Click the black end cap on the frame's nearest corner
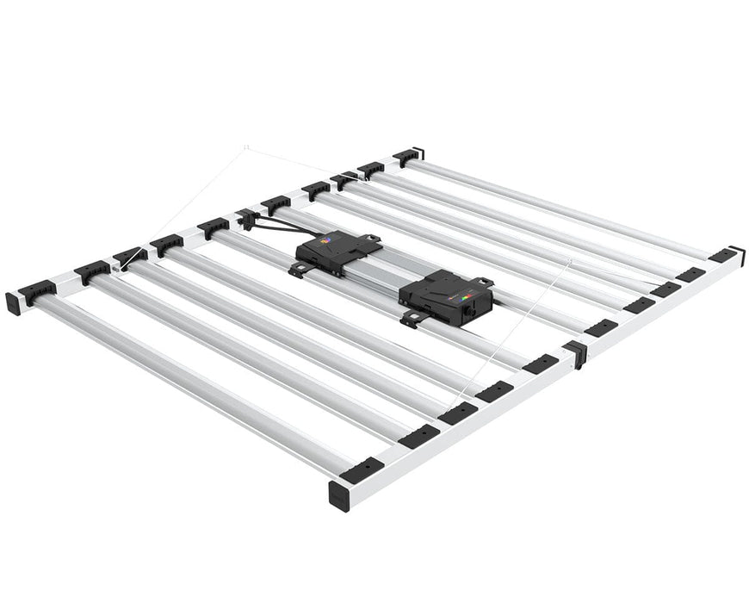point(339,496)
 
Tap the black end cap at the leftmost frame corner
point(13,303)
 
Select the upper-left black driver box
point(337,252)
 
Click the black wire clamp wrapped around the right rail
point(574,352)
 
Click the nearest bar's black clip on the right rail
point(362,469)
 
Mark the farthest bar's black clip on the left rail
point(406,157)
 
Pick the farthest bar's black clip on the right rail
point(723,254)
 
